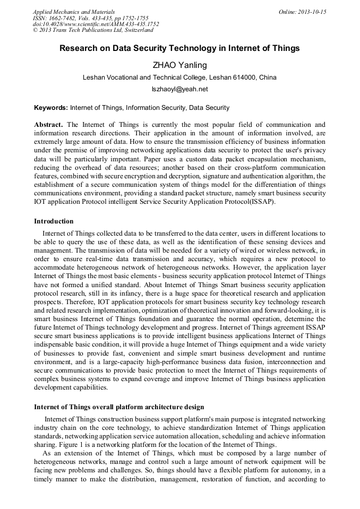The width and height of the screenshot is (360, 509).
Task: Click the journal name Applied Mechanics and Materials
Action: (x=73, y=11)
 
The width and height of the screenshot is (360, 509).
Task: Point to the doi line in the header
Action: (x=96, y=24)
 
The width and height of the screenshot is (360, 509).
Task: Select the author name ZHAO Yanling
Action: (x=179, y=65)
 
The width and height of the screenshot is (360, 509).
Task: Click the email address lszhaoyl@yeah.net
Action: (x=179, y=89)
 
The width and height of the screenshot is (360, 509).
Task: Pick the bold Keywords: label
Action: (x=51, y=108)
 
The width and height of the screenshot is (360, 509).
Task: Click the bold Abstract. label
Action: (x=49, y=125)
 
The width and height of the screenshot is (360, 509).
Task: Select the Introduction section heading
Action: (x=54, y=221)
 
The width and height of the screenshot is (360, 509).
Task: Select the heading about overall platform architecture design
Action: (x=119, y=407)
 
